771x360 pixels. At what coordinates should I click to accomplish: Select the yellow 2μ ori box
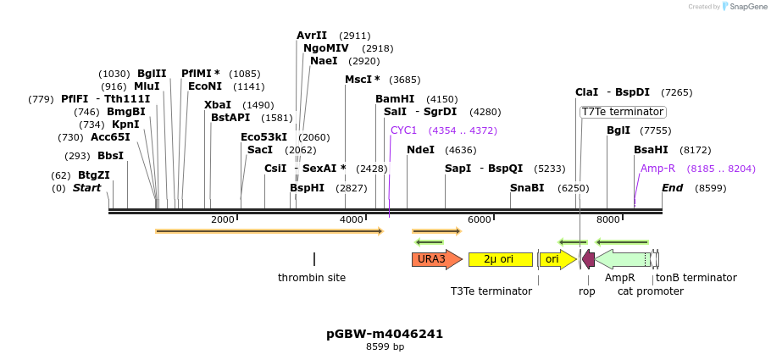tap(500, 259)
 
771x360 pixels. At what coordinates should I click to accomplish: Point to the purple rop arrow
tap(588, 259)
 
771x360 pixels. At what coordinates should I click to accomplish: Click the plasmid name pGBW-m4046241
tap(385, 334)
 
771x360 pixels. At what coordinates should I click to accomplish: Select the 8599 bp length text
tap(385, 346)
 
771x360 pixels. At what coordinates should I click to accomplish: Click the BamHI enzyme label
tap(395, 99)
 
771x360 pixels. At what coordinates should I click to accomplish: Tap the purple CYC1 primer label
tap(403, 130)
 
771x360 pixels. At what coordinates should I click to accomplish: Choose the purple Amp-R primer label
tap(657, 169)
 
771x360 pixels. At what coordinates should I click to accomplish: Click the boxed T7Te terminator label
tap(623, 112)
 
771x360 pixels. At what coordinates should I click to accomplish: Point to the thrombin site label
tap(312, 278)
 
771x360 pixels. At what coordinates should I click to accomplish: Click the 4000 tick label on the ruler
tap(351, 220)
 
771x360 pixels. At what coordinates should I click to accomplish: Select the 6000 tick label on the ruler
tap(480, 220)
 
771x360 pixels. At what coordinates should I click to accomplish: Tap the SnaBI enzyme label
tap(527, 188)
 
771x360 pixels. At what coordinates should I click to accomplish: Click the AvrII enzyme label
tap(312, 36)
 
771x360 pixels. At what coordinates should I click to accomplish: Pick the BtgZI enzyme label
tap(93, 175)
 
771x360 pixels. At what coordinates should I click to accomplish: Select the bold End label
tap(672, 188)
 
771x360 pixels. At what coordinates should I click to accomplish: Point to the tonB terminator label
tap(696, 278)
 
